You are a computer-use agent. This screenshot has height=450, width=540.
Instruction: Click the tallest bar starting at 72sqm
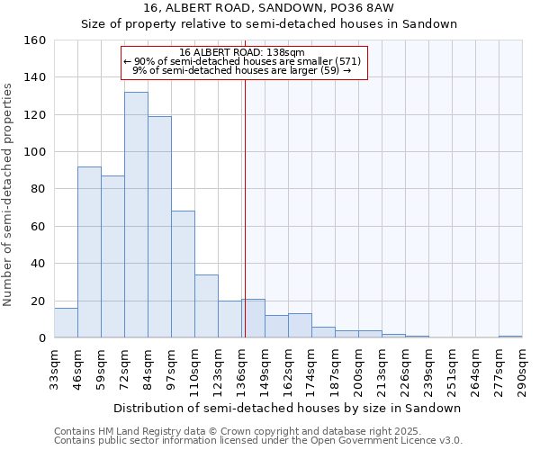(x=136, y=216)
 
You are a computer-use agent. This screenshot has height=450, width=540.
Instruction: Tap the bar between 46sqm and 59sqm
(x=89, y=252)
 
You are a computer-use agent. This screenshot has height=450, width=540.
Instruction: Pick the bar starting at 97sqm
(x=183, y=274)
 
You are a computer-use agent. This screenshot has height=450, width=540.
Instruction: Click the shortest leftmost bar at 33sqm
(x=66, y=323)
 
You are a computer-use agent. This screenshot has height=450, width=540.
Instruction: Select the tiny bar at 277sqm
(x=510, y=337)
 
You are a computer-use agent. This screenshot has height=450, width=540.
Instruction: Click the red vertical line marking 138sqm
(x=245, y=225)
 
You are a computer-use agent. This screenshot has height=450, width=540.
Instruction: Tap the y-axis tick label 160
(x=34, y=40)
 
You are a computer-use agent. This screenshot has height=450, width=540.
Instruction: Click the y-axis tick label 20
(x=38, y=301)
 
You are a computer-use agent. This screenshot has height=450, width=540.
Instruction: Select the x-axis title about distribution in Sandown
(x=288, y=408)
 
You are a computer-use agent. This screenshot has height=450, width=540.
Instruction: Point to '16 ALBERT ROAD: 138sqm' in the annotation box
(x=242, y=52)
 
